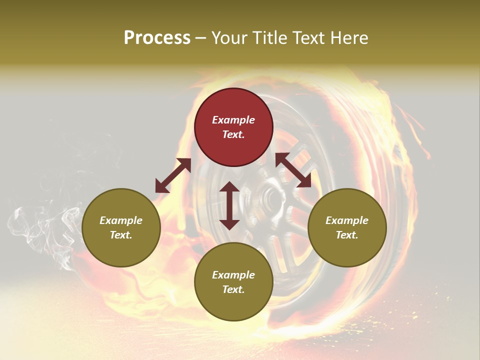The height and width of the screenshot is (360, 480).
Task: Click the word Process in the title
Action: [157, 38]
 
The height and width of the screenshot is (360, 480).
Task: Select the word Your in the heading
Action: [230, 38]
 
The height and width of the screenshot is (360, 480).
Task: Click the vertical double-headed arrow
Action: [229, 205]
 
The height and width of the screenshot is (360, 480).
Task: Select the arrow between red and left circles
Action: [173, 175]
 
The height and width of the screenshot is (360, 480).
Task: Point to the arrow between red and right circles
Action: [293, 170]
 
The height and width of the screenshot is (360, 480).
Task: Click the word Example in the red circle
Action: [233, 120]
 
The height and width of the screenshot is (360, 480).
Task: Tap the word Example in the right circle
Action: [347, 220]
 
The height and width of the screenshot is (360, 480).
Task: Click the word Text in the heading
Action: [309, 38]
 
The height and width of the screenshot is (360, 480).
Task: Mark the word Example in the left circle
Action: [121, 220]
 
